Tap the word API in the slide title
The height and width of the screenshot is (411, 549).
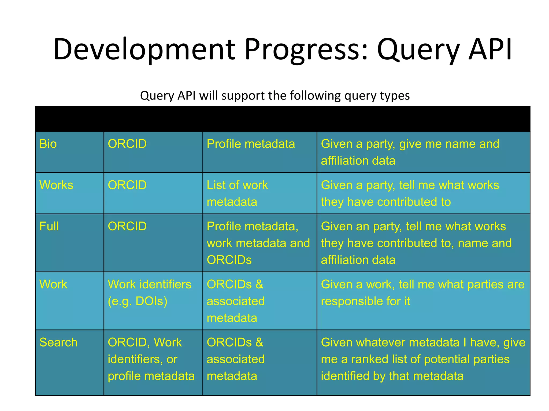click(490, 50)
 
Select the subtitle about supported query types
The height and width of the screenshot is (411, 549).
click(275, 96)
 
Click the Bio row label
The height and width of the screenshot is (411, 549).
click(48, 144)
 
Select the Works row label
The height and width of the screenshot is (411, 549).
click(56, 185)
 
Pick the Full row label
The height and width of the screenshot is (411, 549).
click(49, 226)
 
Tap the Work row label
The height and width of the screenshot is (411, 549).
click(53, 284)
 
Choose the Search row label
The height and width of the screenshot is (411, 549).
click(58, 342)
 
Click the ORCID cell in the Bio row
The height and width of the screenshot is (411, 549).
click(127, 144)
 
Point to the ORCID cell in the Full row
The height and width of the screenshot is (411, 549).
click(127, 226)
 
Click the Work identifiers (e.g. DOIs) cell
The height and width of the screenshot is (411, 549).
click(149, 293)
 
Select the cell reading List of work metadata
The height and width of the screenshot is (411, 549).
click(237, 193)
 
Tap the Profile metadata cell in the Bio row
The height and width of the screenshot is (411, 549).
click(251, 144)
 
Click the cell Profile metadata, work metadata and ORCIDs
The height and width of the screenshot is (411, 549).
click(258, 243)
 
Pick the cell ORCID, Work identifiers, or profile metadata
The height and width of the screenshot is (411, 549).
click(151, 359)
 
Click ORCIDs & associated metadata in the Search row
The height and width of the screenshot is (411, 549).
click(235, 359)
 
